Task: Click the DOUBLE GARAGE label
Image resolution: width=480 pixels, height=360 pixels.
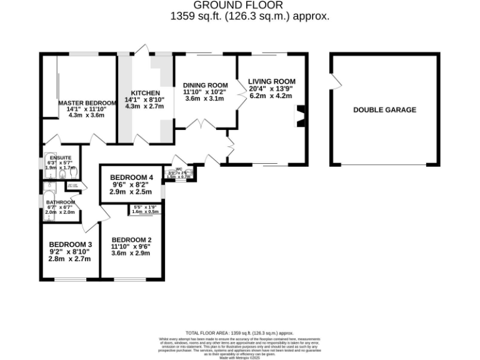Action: click(x=384, y=110)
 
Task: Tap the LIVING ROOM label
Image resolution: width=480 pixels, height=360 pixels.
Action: click(x=271, y=81)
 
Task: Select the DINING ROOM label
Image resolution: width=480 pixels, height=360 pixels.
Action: click(x=205, y=85)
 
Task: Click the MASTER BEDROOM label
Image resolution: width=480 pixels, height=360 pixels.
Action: click(x=87, y=102)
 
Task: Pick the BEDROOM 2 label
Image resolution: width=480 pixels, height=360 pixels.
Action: click(x=131, y=239)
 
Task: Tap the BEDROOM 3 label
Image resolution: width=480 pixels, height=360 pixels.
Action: click(x=71, y=244)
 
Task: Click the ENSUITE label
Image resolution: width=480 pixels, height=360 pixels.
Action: click(x=61, y=157)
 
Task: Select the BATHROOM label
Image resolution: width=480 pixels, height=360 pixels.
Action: click(x=61, y=202)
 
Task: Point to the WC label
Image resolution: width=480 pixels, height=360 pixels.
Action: click(x=179, y=168)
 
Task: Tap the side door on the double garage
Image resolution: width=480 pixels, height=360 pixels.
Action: click(x=336, y=81)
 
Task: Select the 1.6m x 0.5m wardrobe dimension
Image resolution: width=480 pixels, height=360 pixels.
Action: click(x=143, y=212)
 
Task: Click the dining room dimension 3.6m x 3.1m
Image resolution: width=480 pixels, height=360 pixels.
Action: click(x=205, y=99)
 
